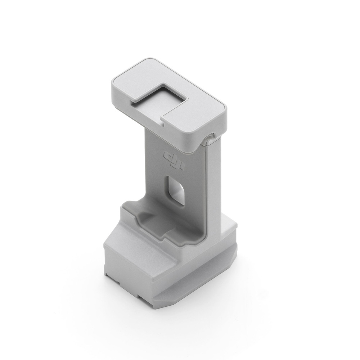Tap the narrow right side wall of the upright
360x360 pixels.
click(212, 187)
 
